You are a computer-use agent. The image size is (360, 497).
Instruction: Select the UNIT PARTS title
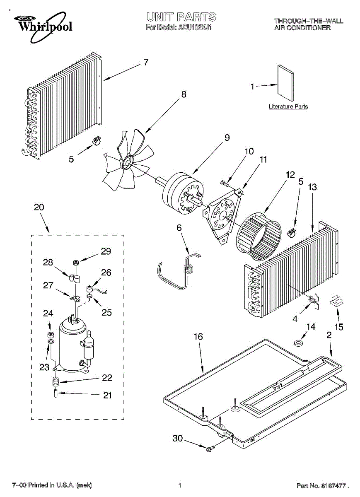(181, 17)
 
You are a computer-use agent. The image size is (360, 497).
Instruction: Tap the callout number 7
(146, 63)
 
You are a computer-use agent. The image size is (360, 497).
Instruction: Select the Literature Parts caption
(288, 107)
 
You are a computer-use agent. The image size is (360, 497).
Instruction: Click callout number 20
(39, 207)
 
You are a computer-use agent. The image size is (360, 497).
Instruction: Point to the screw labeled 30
(210, 448)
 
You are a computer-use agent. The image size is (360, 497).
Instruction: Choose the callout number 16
(198, 337)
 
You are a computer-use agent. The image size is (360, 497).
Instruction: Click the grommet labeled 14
(297, 343)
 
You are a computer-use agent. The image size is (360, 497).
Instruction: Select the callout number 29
(106, 251)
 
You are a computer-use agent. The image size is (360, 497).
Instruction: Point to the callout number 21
(107, 395)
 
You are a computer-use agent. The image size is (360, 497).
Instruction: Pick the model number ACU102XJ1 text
(195, 28)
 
